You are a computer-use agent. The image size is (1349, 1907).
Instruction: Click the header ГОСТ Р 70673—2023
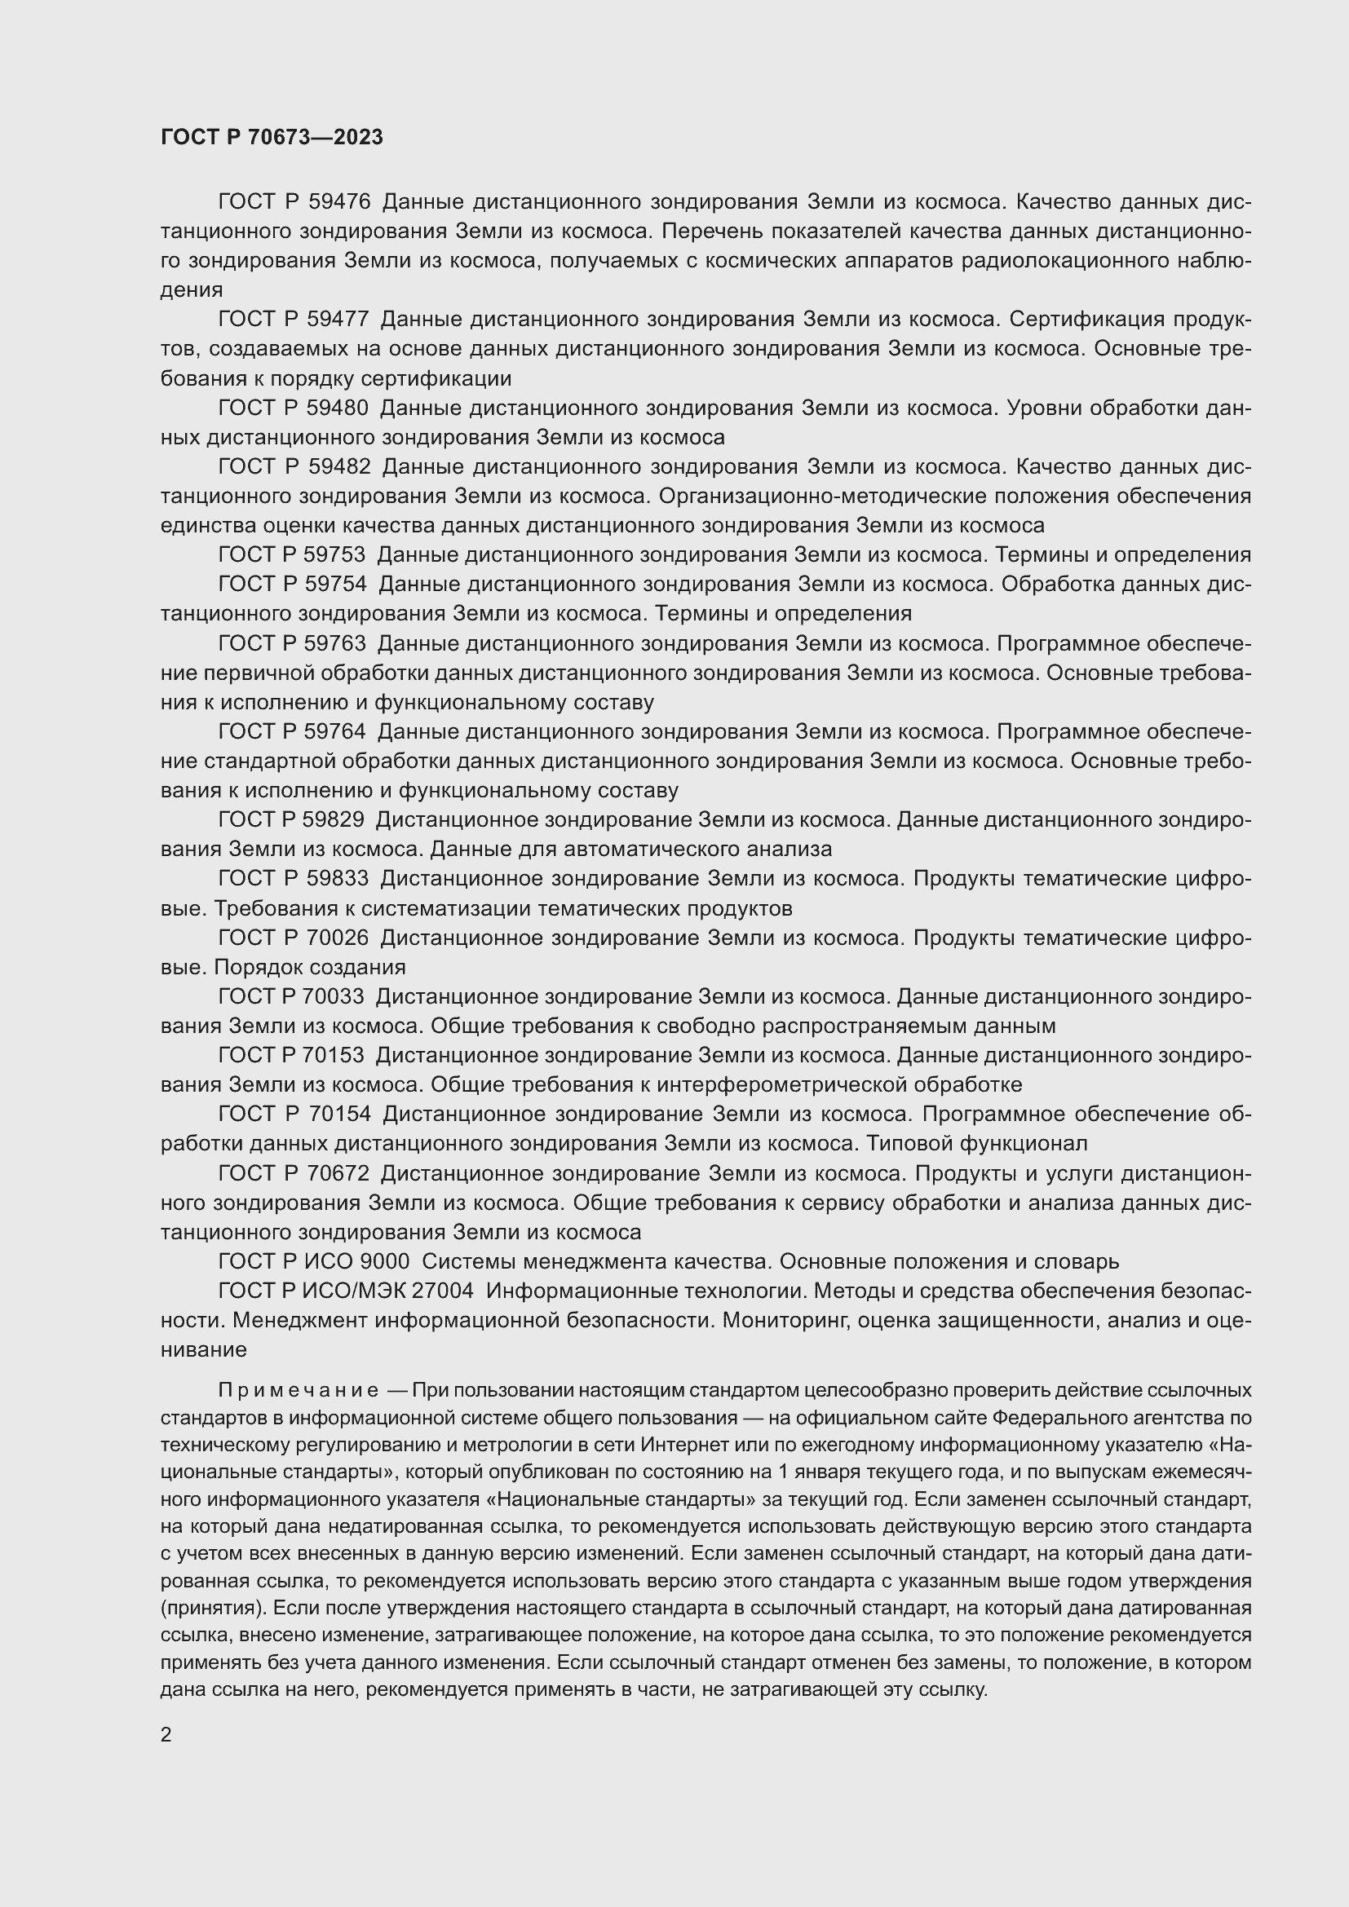(272, 137)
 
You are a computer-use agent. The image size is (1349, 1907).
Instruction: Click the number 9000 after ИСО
(385, 1261)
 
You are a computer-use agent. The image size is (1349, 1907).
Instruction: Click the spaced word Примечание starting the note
(299, 1390)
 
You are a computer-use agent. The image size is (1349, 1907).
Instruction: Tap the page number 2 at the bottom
(166, 1735)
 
